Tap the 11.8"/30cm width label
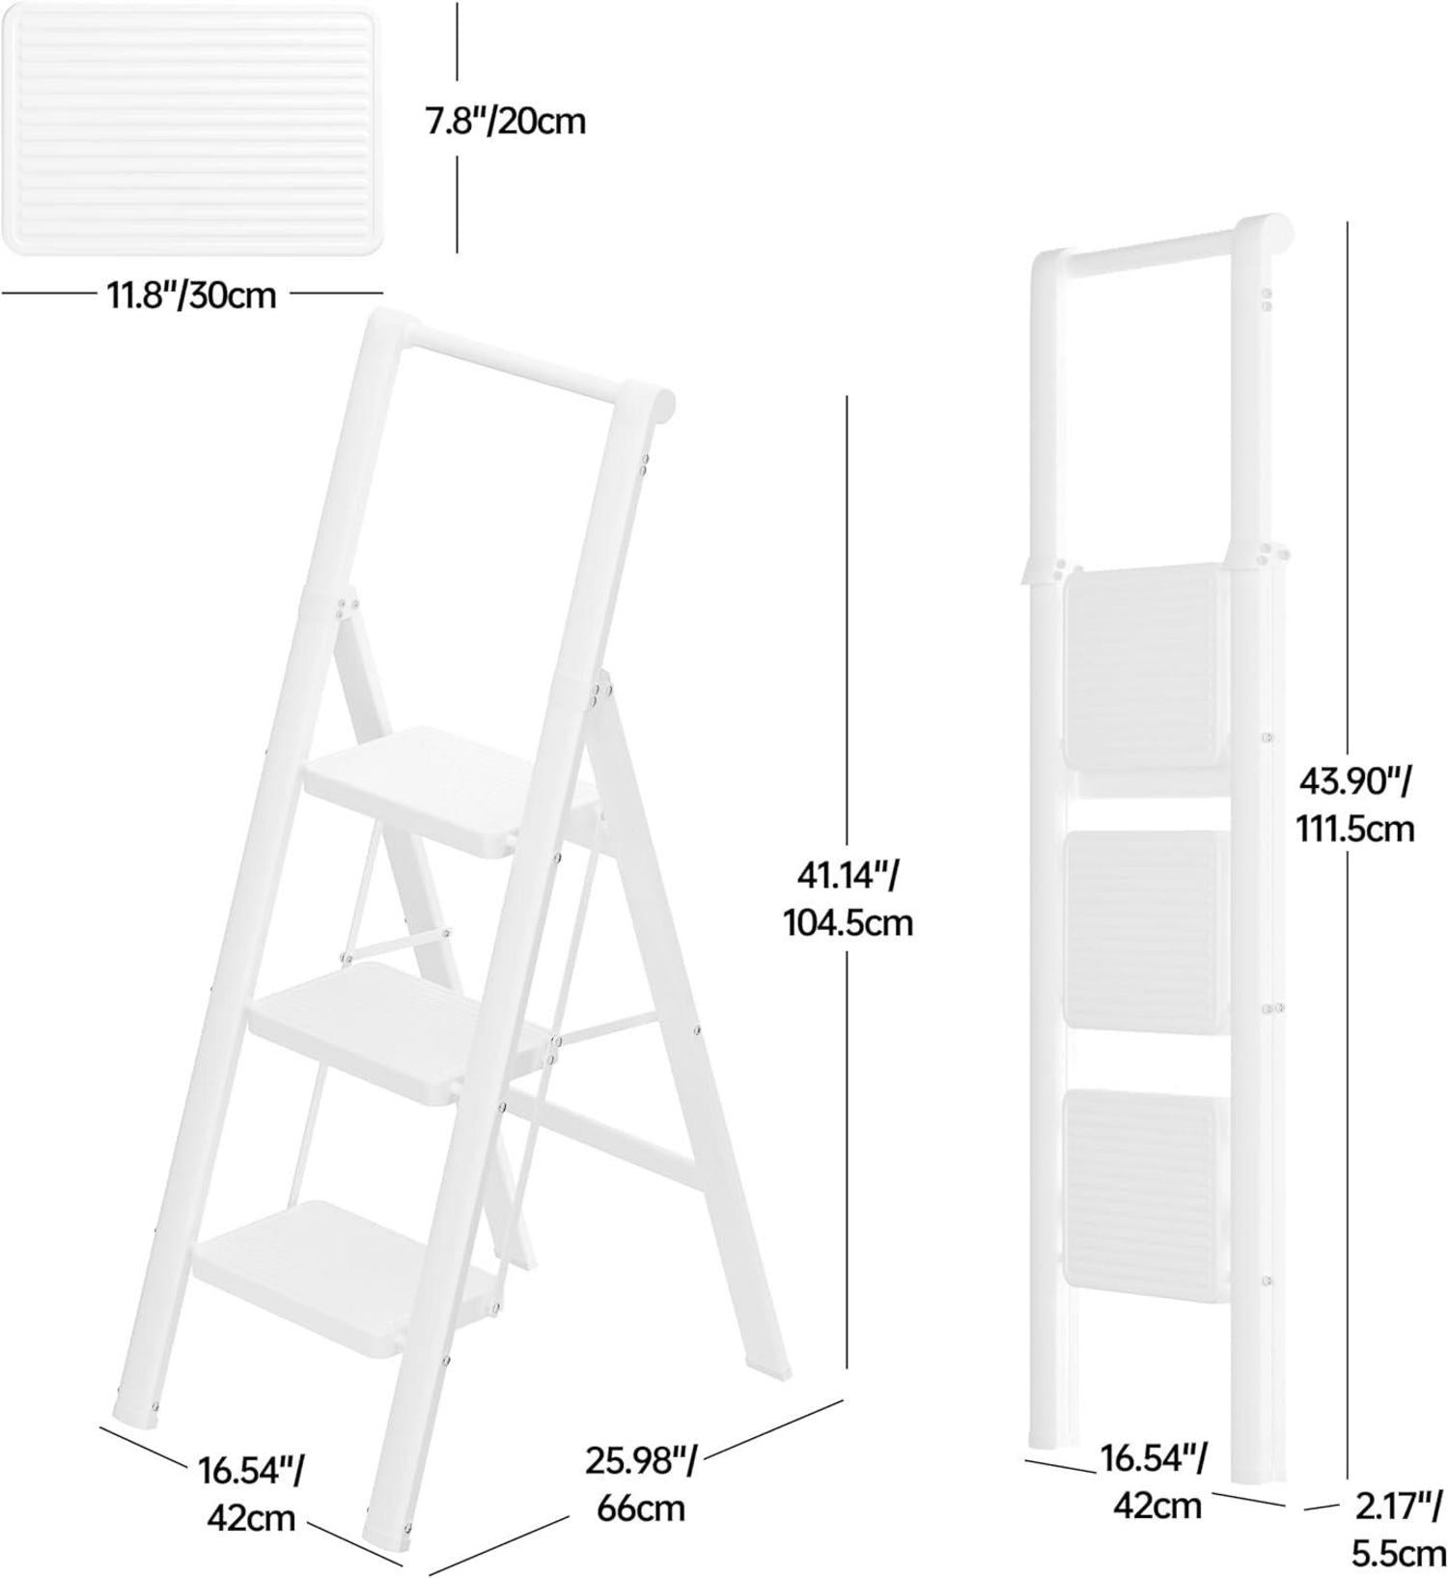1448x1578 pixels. [191, 294]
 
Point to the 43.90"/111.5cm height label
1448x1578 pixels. [1355, 803]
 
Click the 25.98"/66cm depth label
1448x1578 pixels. [641, 1481]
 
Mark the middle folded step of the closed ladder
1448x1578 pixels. [1145, 929]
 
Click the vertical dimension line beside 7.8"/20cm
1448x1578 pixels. [458, 126]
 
